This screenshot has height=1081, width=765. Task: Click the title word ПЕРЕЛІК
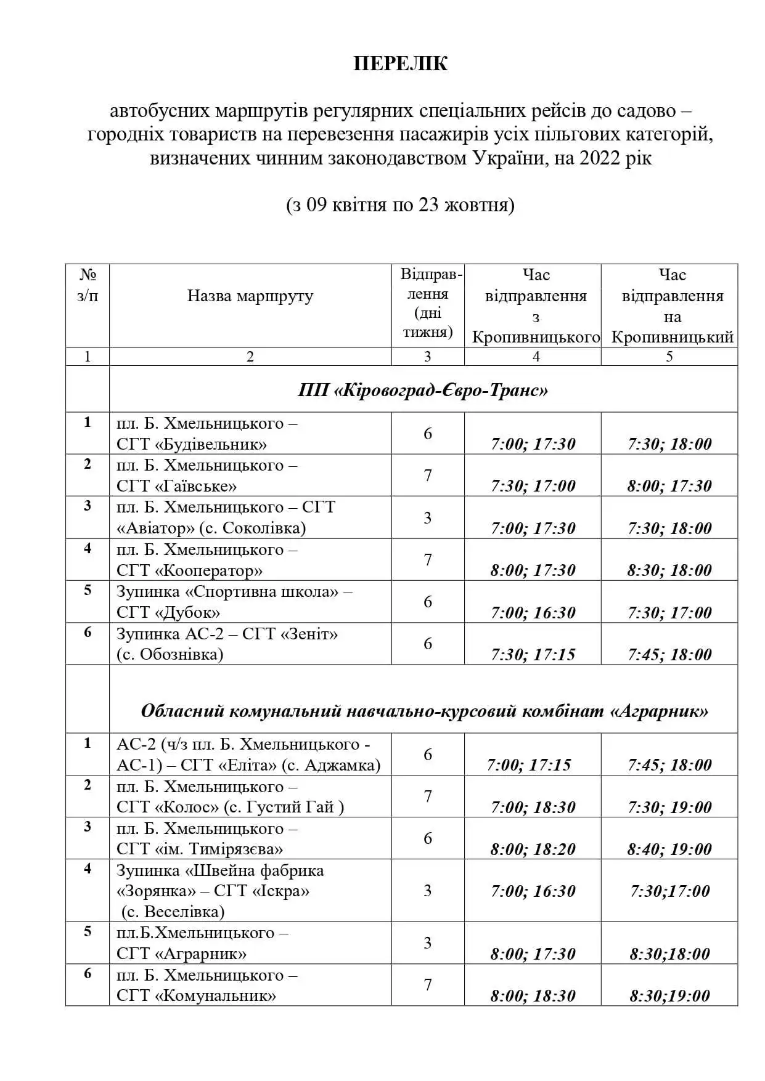coord(400,64)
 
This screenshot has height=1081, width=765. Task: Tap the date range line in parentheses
coord(400,205)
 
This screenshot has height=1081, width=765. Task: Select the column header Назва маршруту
coord(250,296)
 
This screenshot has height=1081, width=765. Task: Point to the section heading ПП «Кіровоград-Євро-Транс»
coord(423,391)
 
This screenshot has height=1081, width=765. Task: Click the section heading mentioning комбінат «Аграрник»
coord(424,711)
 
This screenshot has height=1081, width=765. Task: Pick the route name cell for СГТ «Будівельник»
coord(207,434)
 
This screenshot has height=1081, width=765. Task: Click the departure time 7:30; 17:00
coord(533,486)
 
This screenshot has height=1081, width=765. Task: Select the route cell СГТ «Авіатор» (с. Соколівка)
coord(226,518)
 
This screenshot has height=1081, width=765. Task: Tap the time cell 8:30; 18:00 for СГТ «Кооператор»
coord(669,570)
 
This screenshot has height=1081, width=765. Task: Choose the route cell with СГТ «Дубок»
coord(234,602)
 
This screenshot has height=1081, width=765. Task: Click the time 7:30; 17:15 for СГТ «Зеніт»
coord(533,655)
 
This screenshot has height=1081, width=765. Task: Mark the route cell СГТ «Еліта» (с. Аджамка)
coord(248,755)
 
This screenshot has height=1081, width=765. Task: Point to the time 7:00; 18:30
coord(533,808)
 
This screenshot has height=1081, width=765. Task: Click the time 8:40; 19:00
coord(669,849)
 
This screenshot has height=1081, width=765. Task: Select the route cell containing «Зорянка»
coord(220,891)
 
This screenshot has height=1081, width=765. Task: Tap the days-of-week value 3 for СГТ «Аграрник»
coord(428,943)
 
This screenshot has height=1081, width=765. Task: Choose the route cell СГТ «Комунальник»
coord(207,986)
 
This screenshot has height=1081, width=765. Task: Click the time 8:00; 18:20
coord(533,849)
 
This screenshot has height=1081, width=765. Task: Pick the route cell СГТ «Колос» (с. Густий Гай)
coord(230,797)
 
